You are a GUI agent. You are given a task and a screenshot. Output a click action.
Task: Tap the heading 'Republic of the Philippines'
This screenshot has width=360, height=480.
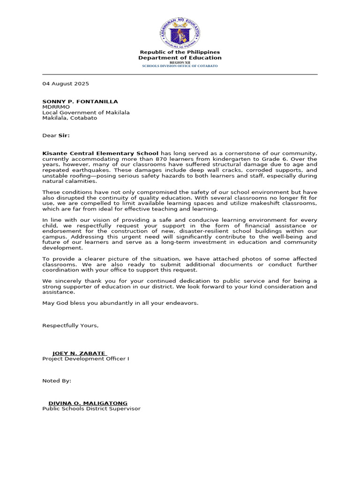tap(180, 52)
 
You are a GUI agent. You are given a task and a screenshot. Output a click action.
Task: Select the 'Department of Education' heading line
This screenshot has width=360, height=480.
tap(180, 58)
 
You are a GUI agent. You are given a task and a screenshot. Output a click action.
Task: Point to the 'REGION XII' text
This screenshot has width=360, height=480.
tap(180, 62)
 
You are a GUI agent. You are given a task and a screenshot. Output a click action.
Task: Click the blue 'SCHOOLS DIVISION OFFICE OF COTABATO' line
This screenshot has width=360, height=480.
tap(180, 66)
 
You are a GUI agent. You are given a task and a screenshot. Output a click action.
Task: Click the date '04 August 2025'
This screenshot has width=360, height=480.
tap(66, 83)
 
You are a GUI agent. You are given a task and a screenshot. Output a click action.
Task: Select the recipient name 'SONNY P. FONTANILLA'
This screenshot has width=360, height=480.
tap(80, 101)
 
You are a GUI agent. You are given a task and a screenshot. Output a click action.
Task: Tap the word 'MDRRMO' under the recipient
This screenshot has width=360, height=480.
tap(56, 107)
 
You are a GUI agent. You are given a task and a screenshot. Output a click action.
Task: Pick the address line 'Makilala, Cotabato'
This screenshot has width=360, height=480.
tap(70, 118)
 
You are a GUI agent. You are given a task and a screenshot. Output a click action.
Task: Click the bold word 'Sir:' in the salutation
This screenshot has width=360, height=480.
tap(64, 135)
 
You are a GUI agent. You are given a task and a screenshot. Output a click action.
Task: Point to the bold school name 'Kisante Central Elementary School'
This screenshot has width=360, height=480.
tap(100, 153)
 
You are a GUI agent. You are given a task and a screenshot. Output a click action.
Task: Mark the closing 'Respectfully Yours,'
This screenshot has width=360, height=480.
tap(70, 325)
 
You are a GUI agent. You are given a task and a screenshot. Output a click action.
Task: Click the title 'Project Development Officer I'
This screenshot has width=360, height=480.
tap(86, 359)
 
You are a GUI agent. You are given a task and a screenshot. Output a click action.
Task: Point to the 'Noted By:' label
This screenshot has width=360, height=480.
tap(57, 381)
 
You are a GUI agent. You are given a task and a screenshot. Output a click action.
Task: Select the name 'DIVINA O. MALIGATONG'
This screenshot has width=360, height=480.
tap(88, 403)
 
